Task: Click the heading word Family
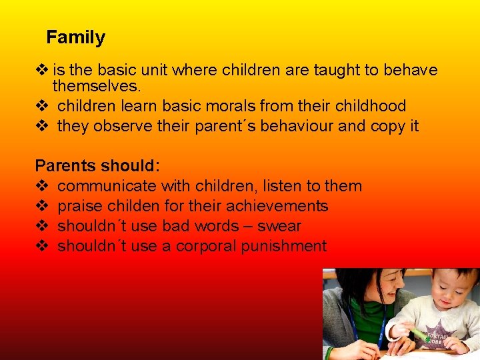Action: [x=75, y=38]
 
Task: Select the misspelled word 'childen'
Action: [x=131, y=206]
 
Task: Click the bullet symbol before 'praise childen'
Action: [x=41, y=206]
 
